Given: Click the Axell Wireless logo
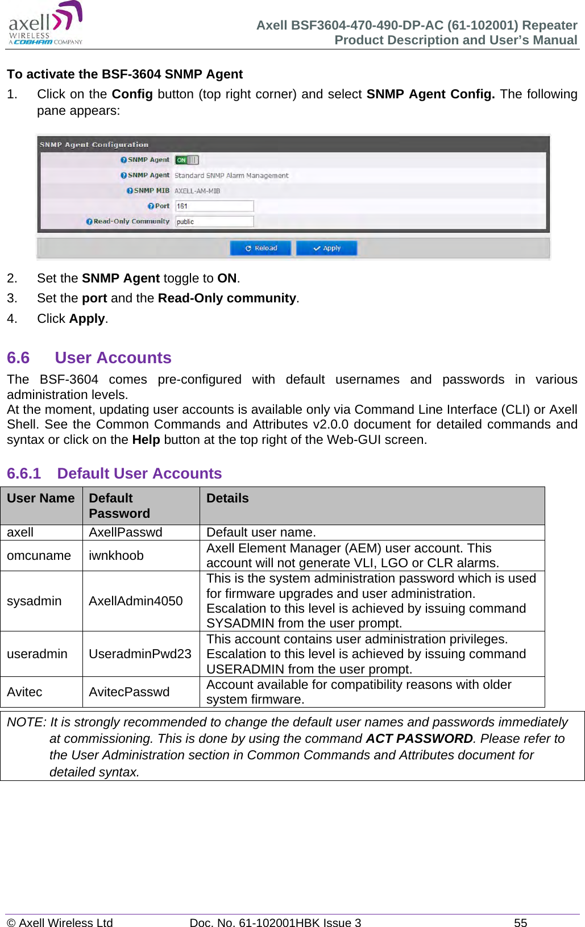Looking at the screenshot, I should click(45, 24).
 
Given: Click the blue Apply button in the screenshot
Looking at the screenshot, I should click(326, 248).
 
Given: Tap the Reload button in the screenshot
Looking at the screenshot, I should click(260, 248).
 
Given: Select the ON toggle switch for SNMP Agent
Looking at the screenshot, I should click(186, 160).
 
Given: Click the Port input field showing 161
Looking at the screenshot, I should click(214, 206).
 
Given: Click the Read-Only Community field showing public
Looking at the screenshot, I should click(214, 222).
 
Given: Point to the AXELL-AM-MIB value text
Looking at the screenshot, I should click(197, 191).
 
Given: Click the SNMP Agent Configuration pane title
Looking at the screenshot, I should click(94, 144).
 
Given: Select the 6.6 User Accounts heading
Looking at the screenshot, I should click(89, 358).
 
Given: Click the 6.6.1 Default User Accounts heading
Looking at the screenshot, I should click(114, 473).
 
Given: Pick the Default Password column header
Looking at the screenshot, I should click(119, 505).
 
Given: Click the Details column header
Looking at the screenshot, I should click(227, 498).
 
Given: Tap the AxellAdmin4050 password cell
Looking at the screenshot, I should click(135, 601).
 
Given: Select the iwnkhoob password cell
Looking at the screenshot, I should click(116, 555).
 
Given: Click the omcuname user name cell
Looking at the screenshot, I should click(39, 555).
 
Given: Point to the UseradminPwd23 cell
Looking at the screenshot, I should click(140, 654).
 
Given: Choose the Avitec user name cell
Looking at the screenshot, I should click(24, 692).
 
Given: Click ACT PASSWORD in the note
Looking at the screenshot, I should click(419, 738).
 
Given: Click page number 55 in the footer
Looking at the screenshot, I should click(520, 922).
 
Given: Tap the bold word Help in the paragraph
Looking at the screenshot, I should click(146, 439).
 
